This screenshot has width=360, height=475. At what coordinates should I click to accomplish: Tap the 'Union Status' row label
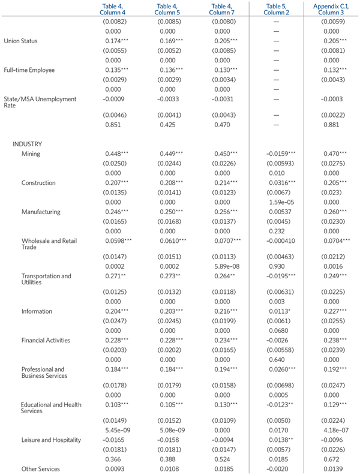pyautogui.click(x=20, y=41)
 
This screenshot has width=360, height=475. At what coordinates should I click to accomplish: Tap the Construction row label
pyautogui.click(x=38, y=183)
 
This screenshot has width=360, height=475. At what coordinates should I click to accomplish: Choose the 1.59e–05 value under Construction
pyautogui.click(x=275, y=202)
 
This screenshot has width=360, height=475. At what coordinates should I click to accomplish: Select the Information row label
pyautogui.click(x=37, y=311)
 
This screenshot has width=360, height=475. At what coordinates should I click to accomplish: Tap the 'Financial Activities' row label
pyautogui.click(x=46, y=340)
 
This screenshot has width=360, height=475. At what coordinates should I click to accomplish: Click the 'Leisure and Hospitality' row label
pyautogui.click(x=50, y=440)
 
